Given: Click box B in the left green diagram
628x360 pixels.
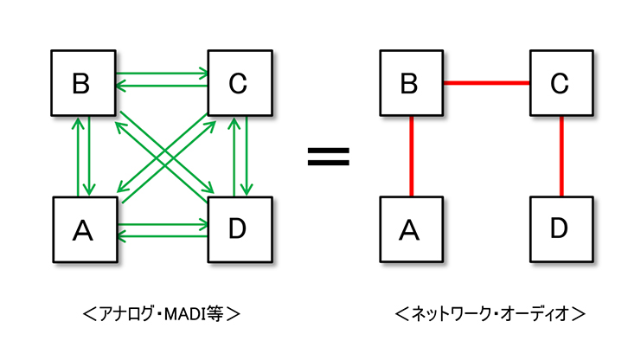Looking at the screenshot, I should tap(82, 83).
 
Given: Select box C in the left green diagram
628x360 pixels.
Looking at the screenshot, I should tap(239, 83).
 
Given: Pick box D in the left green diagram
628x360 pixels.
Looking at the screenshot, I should tap(240, 229).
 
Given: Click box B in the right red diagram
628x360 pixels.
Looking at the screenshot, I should tap(411, 83).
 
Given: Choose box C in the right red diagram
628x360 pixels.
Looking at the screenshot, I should tap(561, 83).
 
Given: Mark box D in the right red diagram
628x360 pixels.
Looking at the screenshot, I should tap(561, 229).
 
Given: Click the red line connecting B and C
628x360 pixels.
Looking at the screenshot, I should tap(485, 83).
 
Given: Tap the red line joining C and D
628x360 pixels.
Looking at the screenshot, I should tap(561, 157).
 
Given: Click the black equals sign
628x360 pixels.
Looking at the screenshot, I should tap(329, 157).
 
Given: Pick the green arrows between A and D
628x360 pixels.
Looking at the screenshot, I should tap(161, 228).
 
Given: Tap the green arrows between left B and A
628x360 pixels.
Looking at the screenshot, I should tap(84, 157).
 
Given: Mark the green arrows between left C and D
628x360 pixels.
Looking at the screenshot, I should tap(240, 157).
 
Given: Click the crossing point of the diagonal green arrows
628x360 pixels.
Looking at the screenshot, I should tap(162, 157).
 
